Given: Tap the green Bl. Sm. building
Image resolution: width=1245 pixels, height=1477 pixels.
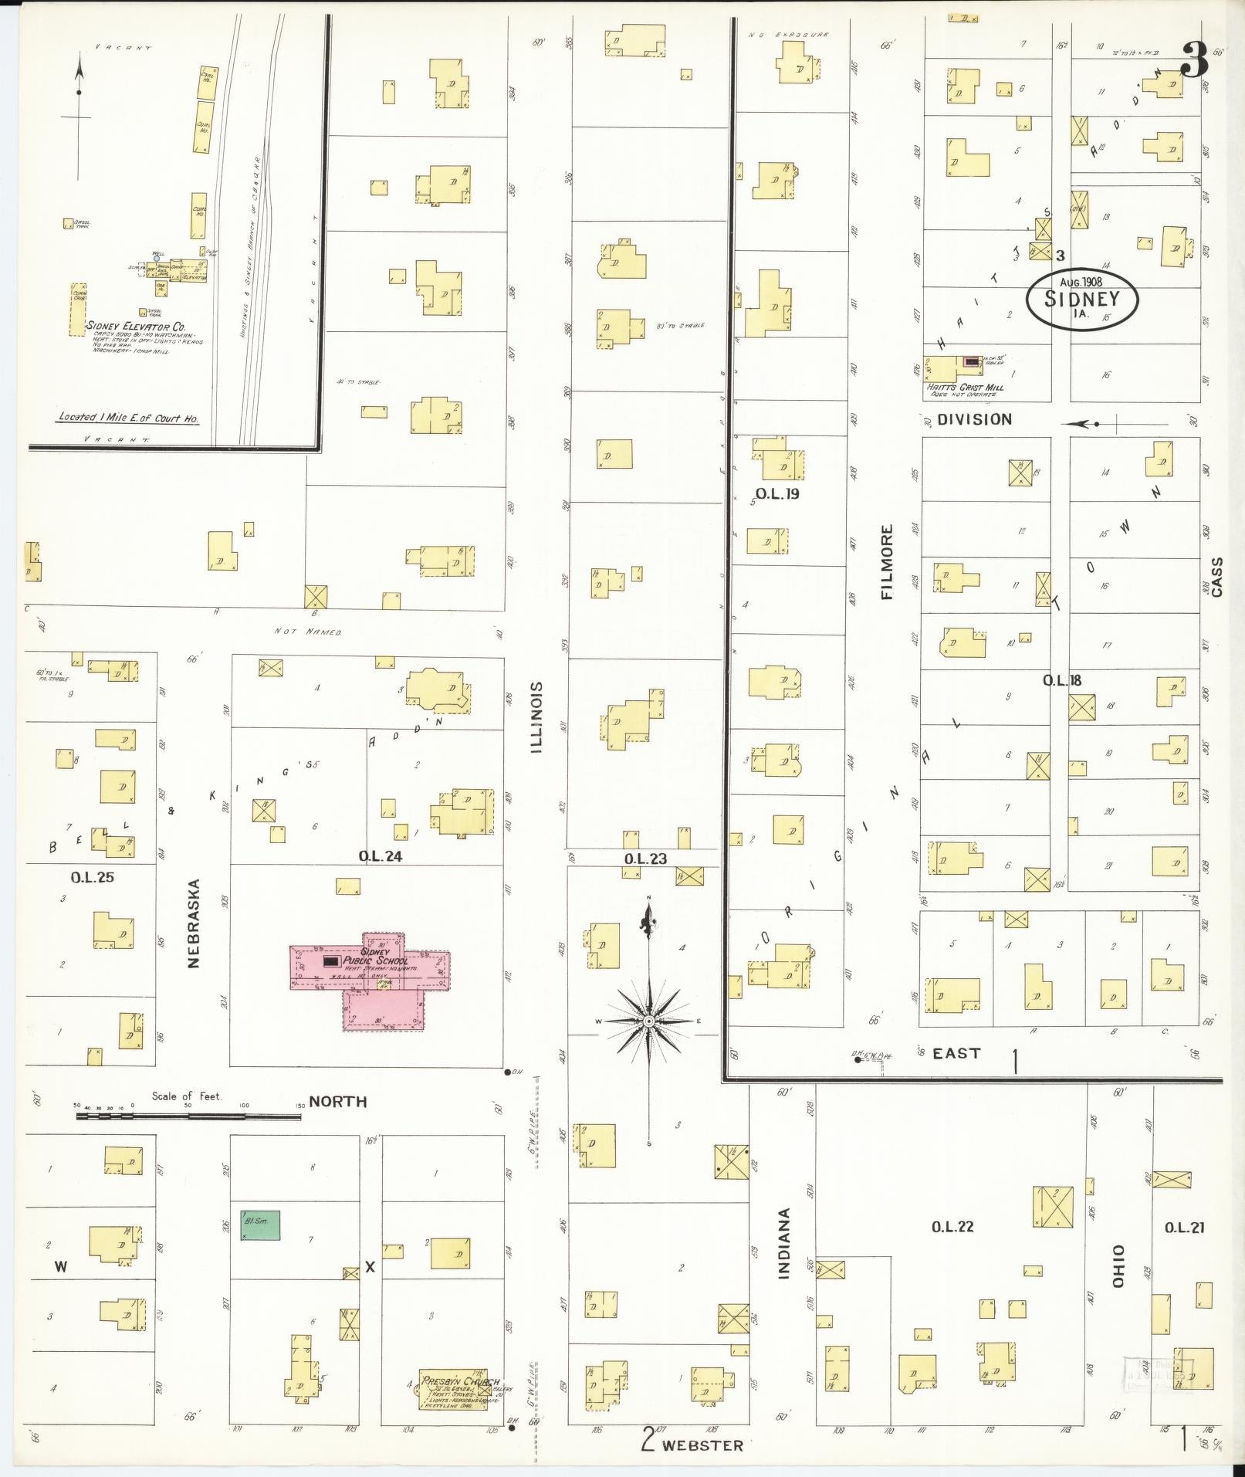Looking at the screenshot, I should (260, 1225).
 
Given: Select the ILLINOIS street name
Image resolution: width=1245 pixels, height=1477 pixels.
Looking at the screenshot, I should (536, 717).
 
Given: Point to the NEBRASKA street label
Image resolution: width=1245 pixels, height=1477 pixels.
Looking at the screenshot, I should (194, 923).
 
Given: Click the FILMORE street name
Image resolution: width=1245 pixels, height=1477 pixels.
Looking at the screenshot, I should (887, 562).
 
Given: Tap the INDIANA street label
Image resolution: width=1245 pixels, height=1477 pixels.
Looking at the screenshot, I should (784, 1255).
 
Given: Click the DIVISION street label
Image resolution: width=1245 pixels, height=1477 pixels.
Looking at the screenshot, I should (974, 419).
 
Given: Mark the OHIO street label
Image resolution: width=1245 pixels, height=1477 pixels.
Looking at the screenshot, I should (1118, 1266).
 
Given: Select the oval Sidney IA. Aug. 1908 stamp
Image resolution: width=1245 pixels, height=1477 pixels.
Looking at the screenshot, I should (1082, 299).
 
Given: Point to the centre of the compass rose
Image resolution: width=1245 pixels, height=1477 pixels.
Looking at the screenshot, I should (649, 1021).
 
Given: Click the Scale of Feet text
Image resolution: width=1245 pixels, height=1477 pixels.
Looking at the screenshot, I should (186, 1096).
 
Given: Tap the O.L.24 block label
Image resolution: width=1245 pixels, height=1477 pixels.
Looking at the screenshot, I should (381, 855).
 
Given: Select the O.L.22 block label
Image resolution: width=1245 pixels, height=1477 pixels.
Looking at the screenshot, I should (953, 1227).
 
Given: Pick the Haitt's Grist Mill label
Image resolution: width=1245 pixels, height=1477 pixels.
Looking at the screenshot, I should (965, 388).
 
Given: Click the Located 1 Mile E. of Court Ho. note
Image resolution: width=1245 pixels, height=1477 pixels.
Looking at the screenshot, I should (129, 418).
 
